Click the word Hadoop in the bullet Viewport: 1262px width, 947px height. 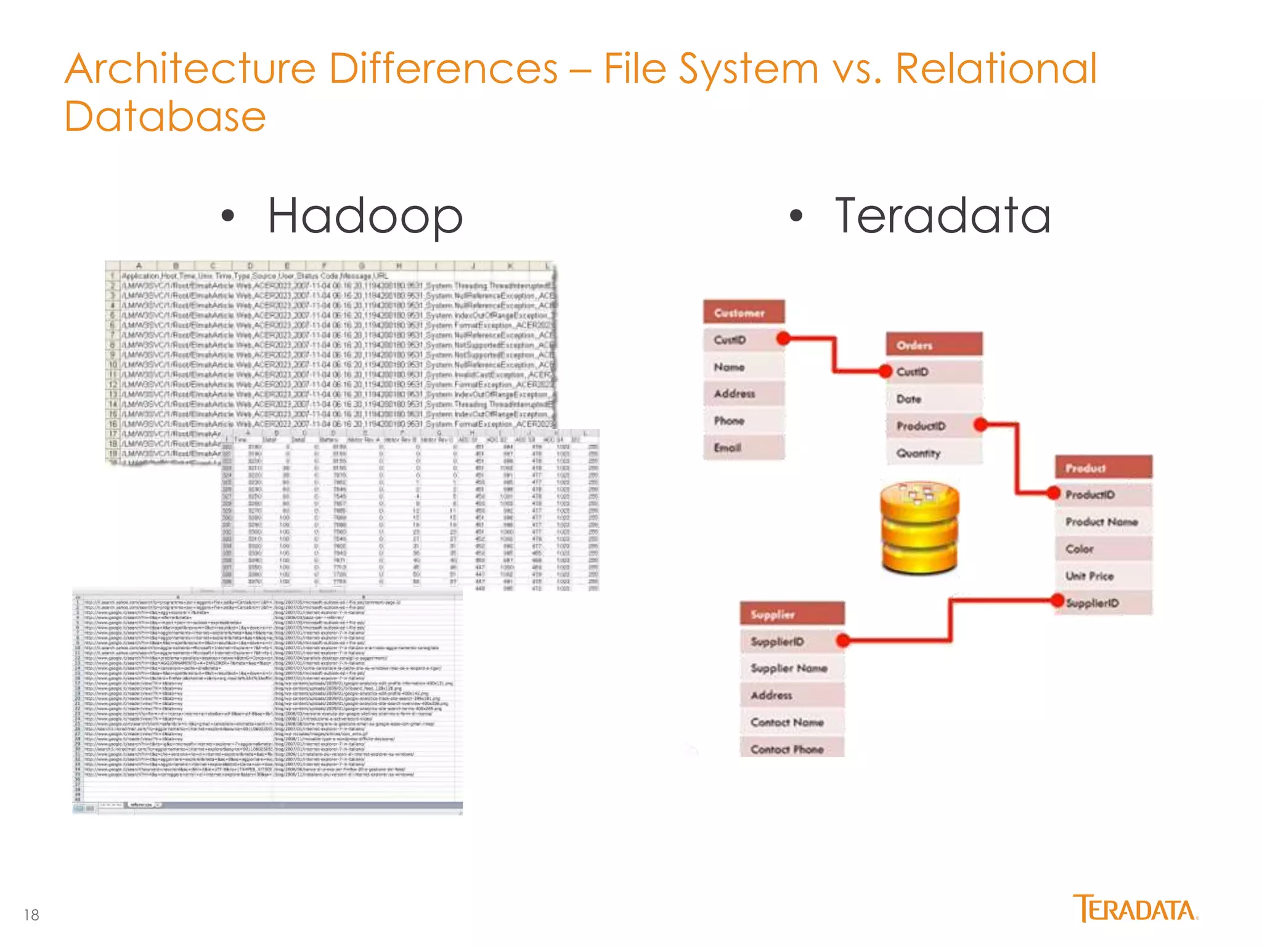(x=365, y=216)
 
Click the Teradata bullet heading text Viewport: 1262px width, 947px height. (x=942, y=216)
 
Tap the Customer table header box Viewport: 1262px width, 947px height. (x=744, y=313)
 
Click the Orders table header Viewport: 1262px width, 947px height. (x=934, y=345)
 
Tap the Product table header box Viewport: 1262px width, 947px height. (x=1103, y=468)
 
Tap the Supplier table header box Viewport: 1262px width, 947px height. (x=792, y=614)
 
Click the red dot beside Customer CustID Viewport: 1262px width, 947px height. (x=784, y=338)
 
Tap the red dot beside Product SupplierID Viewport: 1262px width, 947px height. (x=1057, y=601)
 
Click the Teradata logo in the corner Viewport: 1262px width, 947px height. (x=1135, y=909)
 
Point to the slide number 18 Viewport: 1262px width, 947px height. (x=31, y=915)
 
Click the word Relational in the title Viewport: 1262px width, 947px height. (x=996, y=68)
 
